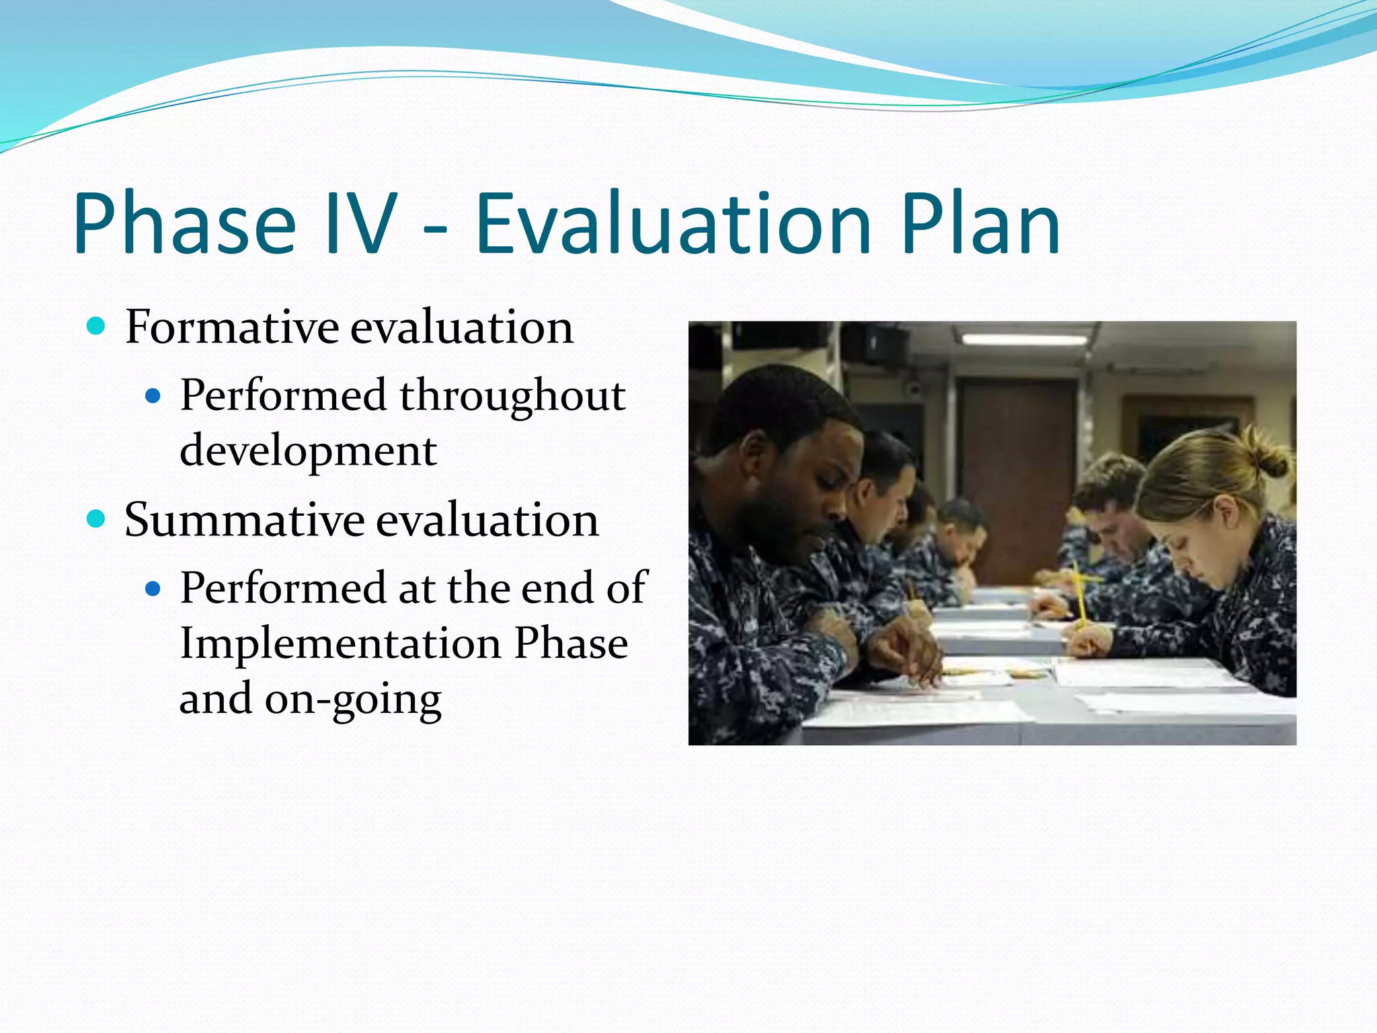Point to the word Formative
click(232, 328)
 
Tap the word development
click(308, 451)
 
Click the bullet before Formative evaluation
click(97, 327)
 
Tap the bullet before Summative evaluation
click(97, 519)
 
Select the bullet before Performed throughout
click(153, 397)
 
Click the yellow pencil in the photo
click(1079, 592)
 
